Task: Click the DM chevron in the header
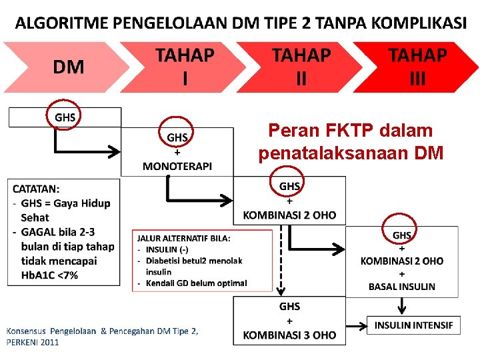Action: [67, 67]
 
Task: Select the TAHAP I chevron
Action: [185, 67]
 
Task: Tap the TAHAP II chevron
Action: [301, 67]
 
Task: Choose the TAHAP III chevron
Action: [417, 67]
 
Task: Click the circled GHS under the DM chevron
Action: [65, 117]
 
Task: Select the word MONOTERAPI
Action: [177, 166]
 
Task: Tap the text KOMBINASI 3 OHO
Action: [289, 335]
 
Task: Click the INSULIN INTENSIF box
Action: [413, 325]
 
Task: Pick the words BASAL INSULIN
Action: [402, 287]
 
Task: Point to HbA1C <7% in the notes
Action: [49, 275]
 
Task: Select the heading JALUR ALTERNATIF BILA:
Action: [184, 238]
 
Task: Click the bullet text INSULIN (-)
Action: [167, 249]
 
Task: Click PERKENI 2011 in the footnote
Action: [33, 342]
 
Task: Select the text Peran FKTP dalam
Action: [350, 131]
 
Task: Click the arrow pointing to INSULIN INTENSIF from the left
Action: [357, 326]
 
